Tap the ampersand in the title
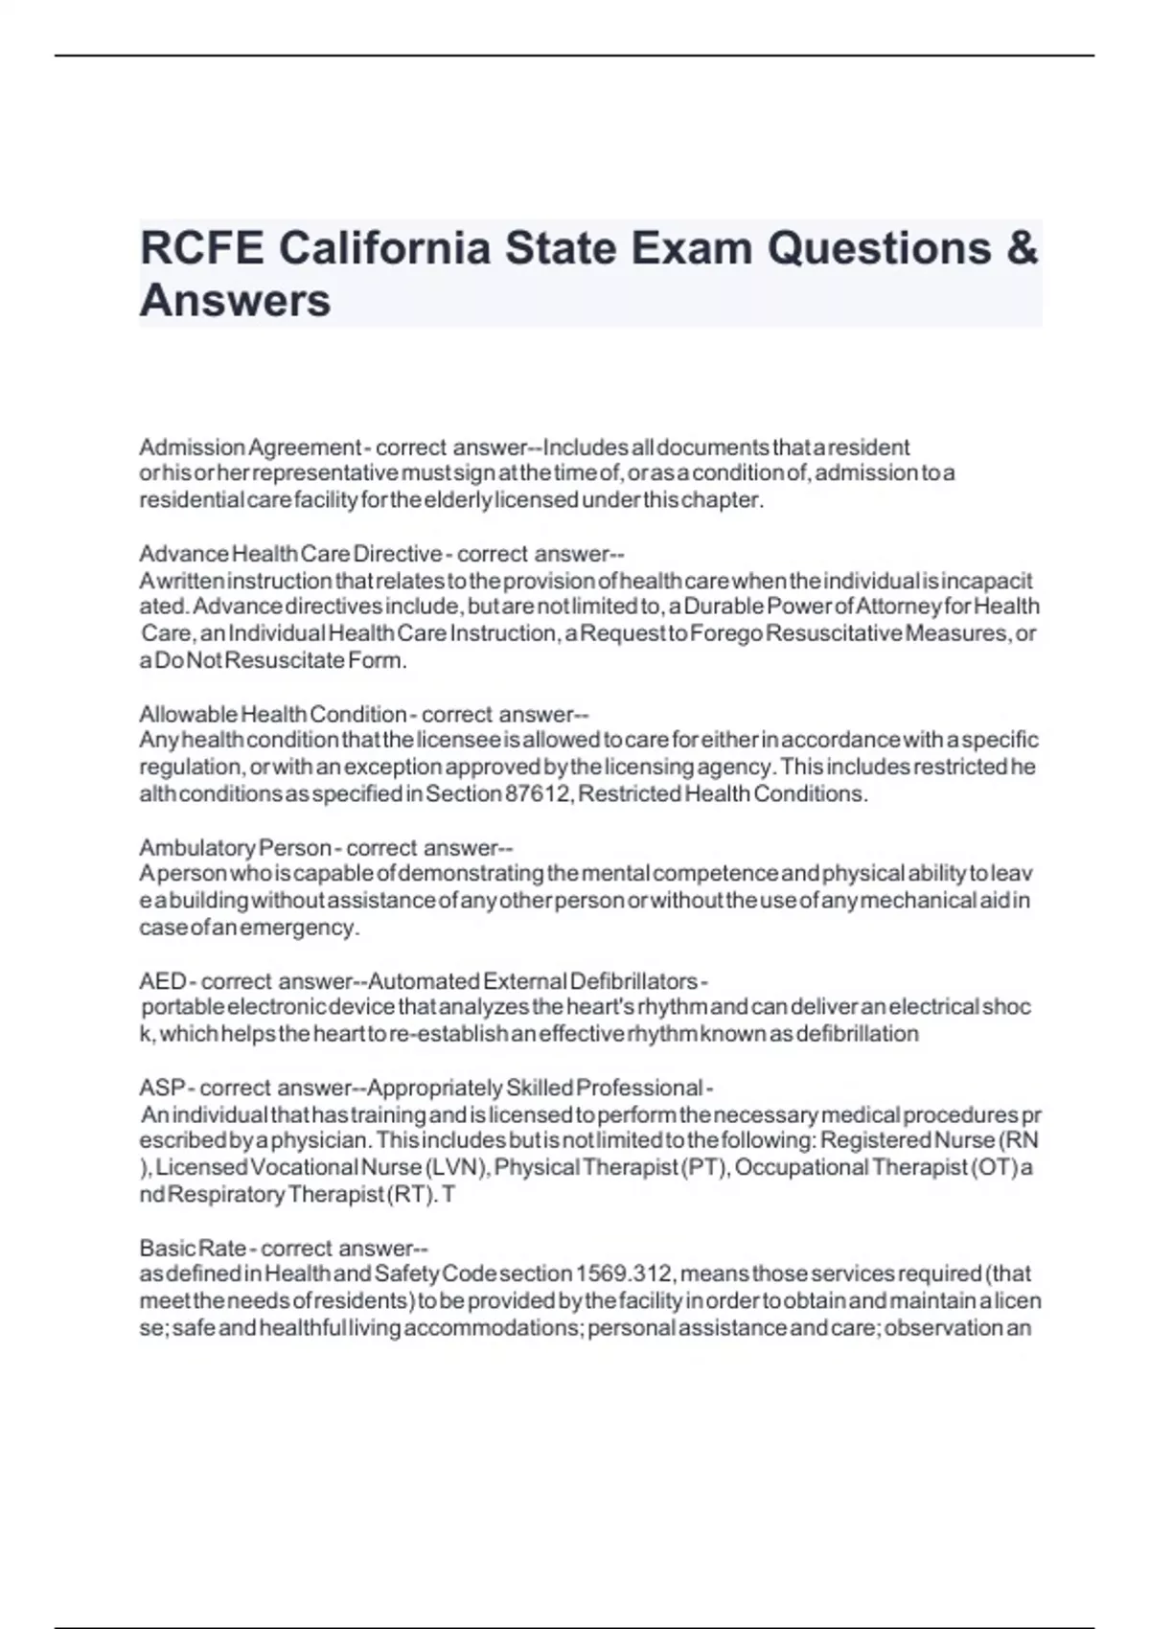(1023, 248)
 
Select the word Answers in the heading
(235, 300)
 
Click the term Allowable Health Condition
(273, 714)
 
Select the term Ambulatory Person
(235, 848)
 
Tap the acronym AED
(163, 981)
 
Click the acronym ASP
(163, 1088)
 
